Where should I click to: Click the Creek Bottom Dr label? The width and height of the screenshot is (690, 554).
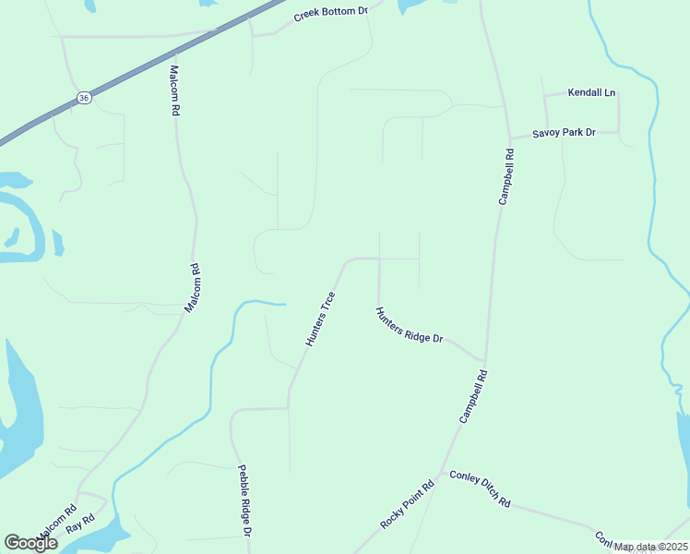331,14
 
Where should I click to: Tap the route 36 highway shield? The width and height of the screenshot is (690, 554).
84,98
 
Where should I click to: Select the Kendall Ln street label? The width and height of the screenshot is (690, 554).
591,93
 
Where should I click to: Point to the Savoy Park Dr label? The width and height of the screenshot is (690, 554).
565,133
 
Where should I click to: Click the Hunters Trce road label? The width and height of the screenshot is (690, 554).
320,319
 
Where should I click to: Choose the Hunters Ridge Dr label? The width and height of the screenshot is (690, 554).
410,326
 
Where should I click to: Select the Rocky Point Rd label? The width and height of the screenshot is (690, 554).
407,505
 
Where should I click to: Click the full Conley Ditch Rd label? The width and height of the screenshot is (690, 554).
480,489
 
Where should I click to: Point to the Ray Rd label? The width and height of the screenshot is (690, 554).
80,522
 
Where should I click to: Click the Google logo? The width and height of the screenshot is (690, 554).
30,543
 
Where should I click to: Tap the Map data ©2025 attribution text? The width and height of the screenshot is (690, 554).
650,547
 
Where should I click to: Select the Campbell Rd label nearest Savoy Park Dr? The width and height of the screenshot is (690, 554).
506,176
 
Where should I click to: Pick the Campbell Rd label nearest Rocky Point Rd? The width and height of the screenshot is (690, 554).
472,397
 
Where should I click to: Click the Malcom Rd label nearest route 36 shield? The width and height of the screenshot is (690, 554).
174,90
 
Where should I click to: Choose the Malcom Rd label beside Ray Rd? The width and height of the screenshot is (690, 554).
57,524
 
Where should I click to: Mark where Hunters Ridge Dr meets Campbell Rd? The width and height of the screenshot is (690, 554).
484,361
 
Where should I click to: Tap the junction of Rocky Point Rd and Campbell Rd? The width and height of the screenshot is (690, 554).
441,480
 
